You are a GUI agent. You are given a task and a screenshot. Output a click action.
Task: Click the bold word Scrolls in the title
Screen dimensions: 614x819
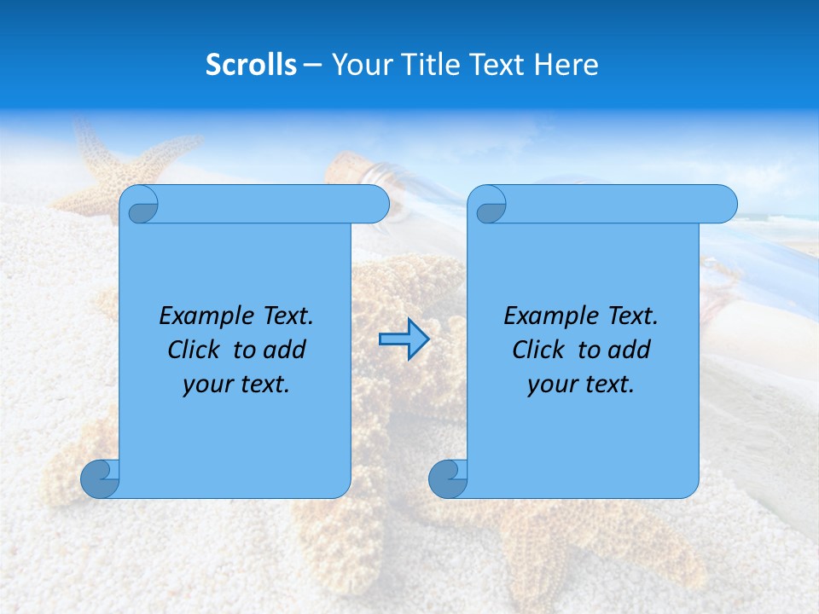click(x=251, y=64)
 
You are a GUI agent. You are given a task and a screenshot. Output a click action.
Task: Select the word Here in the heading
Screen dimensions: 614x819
click(x=566, y=64)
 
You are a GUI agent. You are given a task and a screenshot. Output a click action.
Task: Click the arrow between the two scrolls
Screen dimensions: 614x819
click(x=404, y=339)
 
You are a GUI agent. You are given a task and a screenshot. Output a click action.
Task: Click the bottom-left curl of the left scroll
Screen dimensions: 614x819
click(x=100, y=478)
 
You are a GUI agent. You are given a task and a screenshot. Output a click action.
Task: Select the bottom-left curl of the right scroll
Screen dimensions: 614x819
click(x=448, y=478)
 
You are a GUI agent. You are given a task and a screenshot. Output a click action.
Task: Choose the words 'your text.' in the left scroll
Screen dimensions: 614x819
click(x=236, y=384)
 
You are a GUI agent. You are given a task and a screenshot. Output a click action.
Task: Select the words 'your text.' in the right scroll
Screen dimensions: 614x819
click(x=581, y=384)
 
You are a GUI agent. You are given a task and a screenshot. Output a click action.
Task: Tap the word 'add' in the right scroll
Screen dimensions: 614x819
click(x=630, y=350)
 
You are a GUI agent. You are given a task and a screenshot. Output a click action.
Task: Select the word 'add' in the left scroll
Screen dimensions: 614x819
click(x=285, y=350)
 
